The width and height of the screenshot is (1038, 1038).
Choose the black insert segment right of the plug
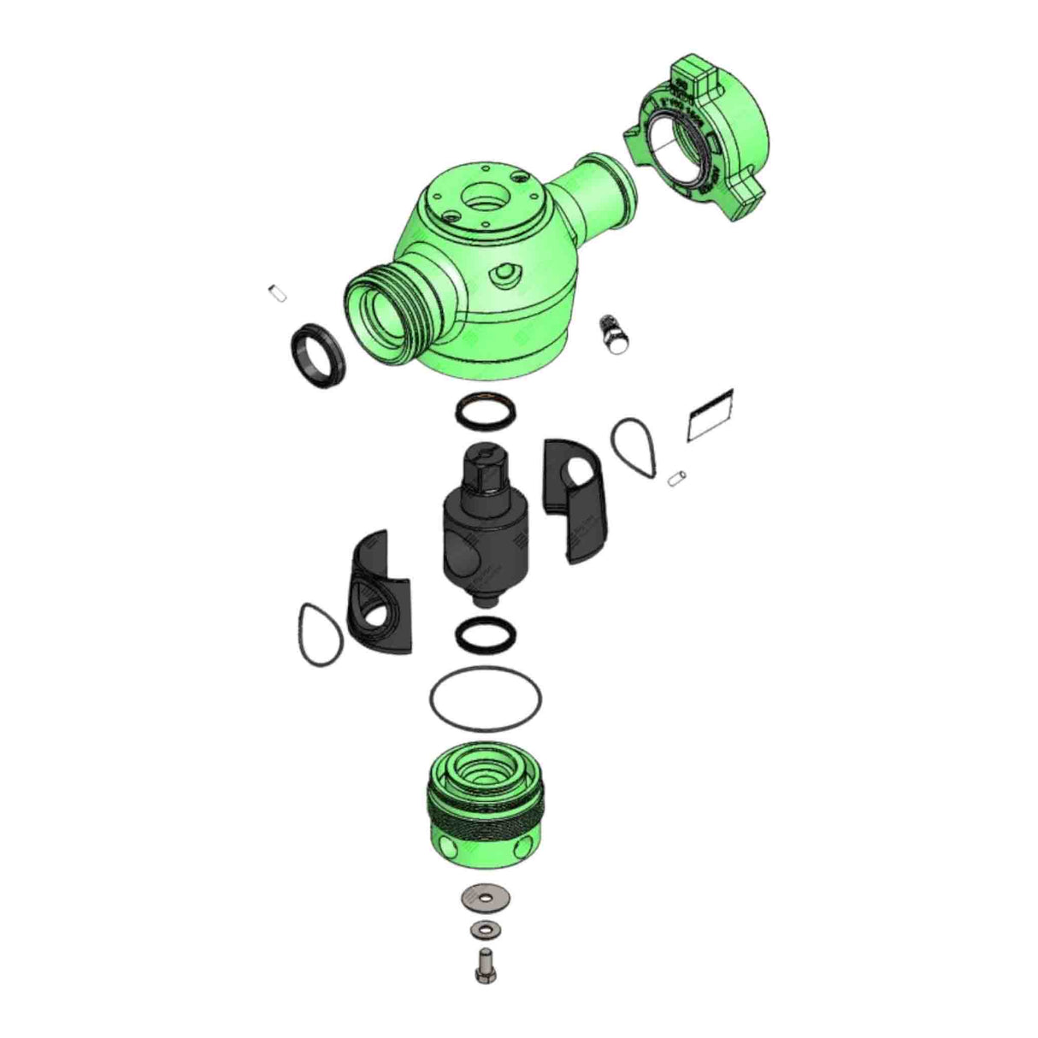572,504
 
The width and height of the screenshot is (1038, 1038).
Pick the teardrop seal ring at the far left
319,634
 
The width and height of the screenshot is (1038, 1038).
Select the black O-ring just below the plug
484,634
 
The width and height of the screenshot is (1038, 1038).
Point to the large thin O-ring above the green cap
485,698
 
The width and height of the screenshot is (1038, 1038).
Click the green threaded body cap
485,799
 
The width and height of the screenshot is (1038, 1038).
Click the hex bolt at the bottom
483,966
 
